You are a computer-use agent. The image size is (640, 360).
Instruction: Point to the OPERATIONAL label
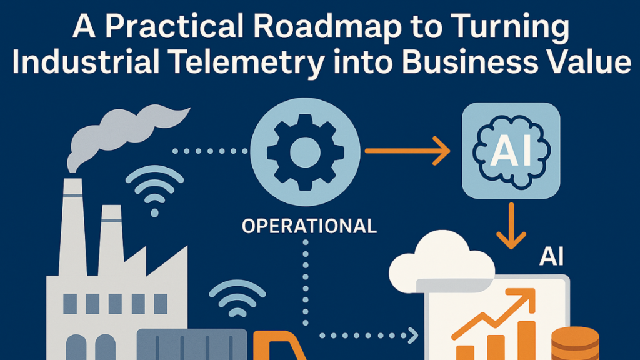[309, 226]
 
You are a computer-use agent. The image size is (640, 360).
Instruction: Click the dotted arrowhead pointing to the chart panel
[412, 334]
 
